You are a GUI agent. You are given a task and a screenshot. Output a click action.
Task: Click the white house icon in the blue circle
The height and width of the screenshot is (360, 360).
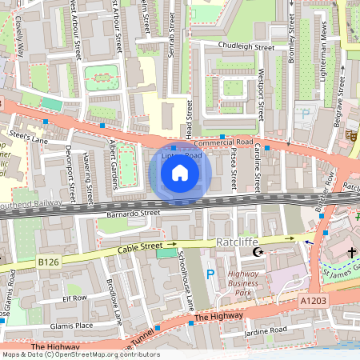[180, 172]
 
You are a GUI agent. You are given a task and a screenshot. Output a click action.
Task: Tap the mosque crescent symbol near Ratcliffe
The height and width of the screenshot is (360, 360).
[258, 252]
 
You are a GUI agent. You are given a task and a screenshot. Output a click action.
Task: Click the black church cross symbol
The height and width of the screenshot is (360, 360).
[352, 253]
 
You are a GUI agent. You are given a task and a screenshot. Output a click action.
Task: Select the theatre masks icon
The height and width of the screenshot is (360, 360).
[350, 137]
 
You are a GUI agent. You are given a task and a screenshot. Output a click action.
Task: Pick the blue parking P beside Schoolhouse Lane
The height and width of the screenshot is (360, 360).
[210, 274]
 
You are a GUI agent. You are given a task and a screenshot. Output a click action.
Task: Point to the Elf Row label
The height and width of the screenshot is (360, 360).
[74, 298]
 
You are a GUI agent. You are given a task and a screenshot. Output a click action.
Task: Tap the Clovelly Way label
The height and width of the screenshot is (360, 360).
[18, 36]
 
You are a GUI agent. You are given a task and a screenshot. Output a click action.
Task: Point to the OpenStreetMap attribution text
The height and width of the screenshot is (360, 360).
[80, 354]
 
